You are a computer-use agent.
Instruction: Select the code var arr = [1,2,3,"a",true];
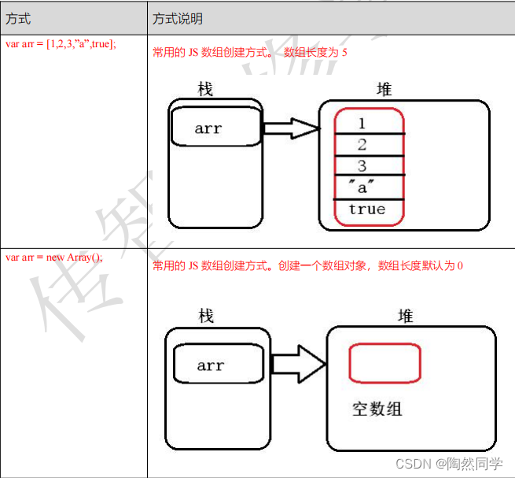coord(61,44)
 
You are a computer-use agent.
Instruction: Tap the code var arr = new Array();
coord(54,257)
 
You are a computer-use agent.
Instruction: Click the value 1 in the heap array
coord(362,124)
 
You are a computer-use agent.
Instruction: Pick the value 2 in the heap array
coord(362,145)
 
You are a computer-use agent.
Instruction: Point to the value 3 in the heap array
coord(362,166)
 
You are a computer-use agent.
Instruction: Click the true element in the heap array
coord(366,209)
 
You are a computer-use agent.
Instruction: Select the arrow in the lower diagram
coord(299,365)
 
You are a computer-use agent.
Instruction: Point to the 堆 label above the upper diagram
coord(384,89)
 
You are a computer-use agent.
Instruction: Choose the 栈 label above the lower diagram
coord(206,316)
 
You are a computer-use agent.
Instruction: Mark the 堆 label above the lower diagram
coord(406,316)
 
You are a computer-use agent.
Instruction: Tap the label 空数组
coord(377,410)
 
